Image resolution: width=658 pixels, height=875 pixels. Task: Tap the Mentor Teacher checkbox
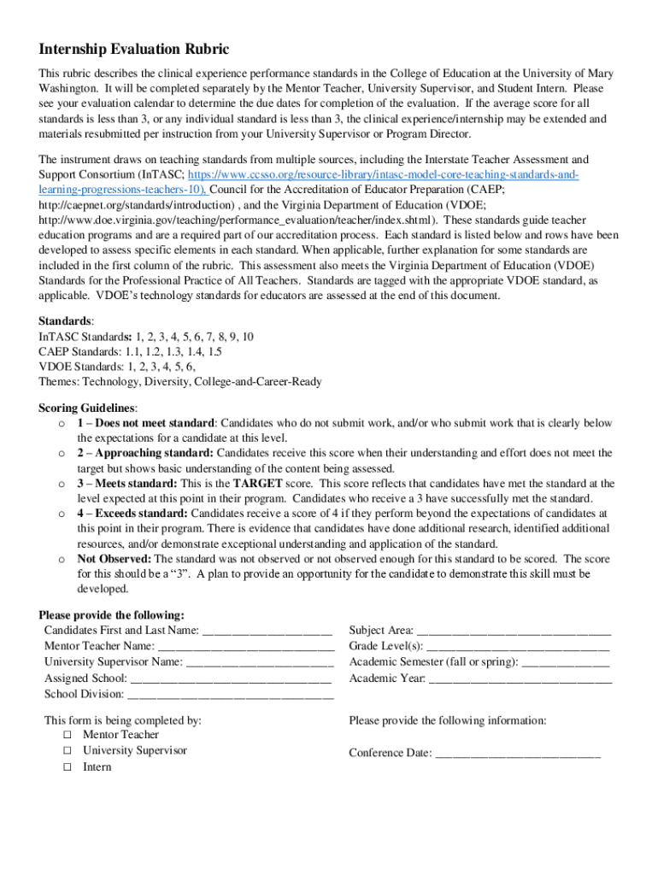pyautogui.click(x=68, y=735)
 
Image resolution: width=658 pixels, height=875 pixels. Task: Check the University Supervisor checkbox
pyautogui.click(x=68, y=751)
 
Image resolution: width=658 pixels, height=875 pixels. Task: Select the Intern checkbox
pyautogui.click(x=68, y=767)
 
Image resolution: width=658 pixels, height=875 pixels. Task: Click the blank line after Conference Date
pyautogui.click(x=518, y=755)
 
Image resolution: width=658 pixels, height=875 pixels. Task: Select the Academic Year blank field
pyautogui.click(x=520, y=679)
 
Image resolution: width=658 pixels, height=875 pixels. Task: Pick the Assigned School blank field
pyautogui.click(x=232, y=679)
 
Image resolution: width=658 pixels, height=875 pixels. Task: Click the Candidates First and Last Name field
pyautogui.click(x=267, y=631)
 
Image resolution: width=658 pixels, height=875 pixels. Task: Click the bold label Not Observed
pyautogui.click(x=113, y=559)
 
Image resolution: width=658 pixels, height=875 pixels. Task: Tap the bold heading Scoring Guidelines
pyautogui.click(x=87, y=408)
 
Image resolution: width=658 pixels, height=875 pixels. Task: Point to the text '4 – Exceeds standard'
pyautogui.click(x=132, y=514)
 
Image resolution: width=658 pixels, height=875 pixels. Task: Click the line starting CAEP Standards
pyautogui.click(x=130, y=351)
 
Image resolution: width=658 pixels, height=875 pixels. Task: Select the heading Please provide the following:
pyautogui.click(x=111, y=615)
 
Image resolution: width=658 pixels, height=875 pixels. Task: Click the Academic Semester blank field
pyautogui.click(x=565, y=663)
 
